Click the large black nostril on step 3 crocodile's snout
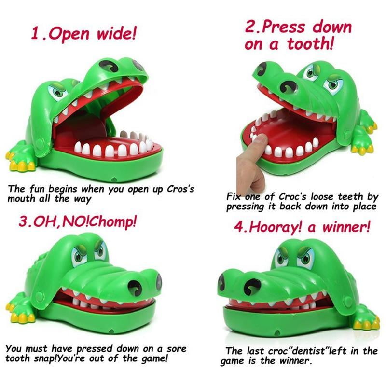(x=135, y=288)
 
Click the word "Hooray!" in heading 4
(x=275, y=226)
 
